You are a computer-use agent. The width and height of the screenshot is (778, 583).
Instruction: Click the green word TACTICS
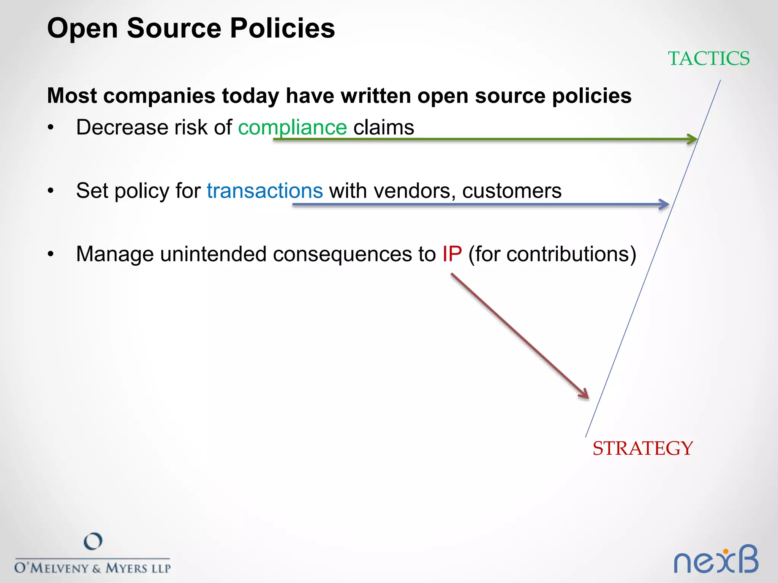(708, 59)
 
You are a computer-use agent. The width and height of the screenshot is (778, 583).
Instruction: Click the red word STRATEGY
(643, 449)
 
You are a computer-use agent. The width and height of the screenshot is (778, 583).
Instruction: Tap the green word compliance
(292, 128)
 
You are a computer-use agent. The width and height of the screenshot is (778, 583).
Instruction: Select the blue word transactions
(265, 191)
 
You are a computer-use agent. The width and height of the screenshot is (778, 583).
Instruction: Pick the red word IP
(452, 254)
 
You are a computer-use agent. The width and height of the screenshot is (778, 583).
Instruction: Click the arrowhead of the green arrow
(694, 139)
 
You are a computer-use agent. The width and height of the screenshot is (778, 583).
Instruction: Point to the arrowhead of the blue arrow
(665, 205)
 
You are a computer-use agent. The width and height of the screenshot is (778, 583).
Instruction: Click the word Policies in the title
(282, 28)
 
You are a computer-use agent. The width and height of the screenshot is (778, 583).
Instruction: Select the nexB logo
(716, 560)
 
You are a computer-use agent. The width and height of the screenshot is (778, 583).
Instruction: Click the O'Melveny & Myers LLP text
(92, 568)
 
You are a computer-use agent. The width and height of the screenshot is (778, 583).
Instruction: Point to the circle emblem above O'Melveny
(93, 541)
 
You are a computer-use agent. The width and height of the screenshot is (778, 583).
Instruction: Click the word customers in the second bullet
(512, 191)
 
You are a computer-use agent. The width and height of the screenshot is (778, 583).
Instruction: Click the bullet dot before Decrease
(51, 128)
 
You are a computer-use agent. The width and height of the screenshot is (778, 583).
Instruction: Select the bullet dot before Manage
(51, 254)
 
